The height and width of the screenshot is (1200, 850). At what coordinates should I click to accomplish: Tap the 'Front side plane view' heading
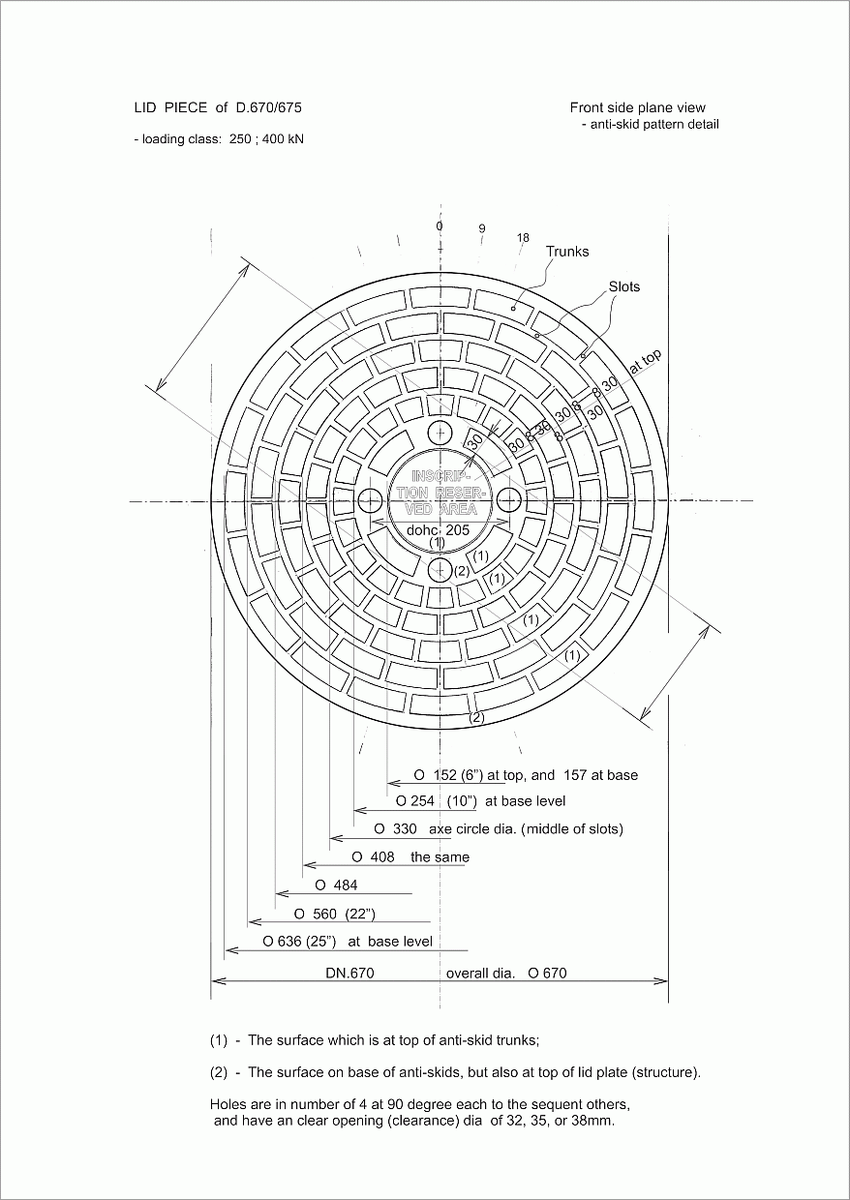(x=637, y=107)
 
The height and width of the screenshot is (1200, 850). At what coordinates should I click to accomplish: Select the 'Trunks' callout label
(x=567, y=252)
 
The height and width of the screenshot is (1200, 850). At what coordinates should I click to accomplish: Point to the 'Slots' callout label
(x=624, y=286)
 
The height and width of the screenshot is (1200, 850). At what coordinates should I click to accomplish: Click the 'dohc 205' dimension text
(x=438, y=530)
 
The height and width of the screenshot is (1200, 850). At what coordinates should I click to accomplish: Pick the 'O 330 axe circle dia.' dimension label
(x=499, y=829)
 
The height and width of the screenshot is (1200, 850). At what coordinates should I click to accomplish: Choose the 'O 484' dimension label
(x=336, y=885)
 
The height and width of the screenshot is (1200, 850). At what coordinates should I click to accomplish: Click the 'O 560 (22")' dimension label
(x=334, y=914)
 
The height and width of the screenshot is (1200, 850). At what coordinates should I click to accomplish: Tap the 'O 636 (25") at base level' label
(x=348, y=941)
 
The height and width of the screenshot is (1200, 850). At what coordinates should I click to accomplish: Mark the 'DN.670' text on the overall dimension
(x=349, y=974)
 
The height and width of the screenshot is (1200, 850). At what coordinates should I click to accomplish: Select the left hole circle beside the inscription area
(x=370, y=500)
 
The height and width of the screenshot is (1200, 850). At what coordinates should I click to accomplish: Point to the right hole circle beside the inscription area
(x=509, y=500)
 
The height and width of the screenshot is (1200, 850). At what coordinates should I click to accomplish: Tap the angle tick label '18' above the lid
(x=523, y=238)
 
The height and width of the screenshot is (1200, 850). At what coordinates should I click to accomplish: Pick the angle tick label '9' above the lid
(x=481, y=229)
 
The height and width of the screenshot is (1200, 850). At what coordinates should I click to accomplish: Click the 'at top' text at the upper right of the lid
(x=646, y=361)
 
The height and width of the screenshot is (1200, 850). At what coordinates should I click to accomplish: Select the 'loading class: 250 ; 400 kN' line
(x=219, y=139)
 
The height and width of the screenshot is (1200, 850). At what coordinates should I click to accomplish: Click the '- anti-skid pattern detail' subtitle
(x=650, y=124)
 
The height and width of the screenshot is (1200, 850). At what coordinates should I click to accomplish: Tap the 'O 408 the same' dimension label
(x=410, y=857)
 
